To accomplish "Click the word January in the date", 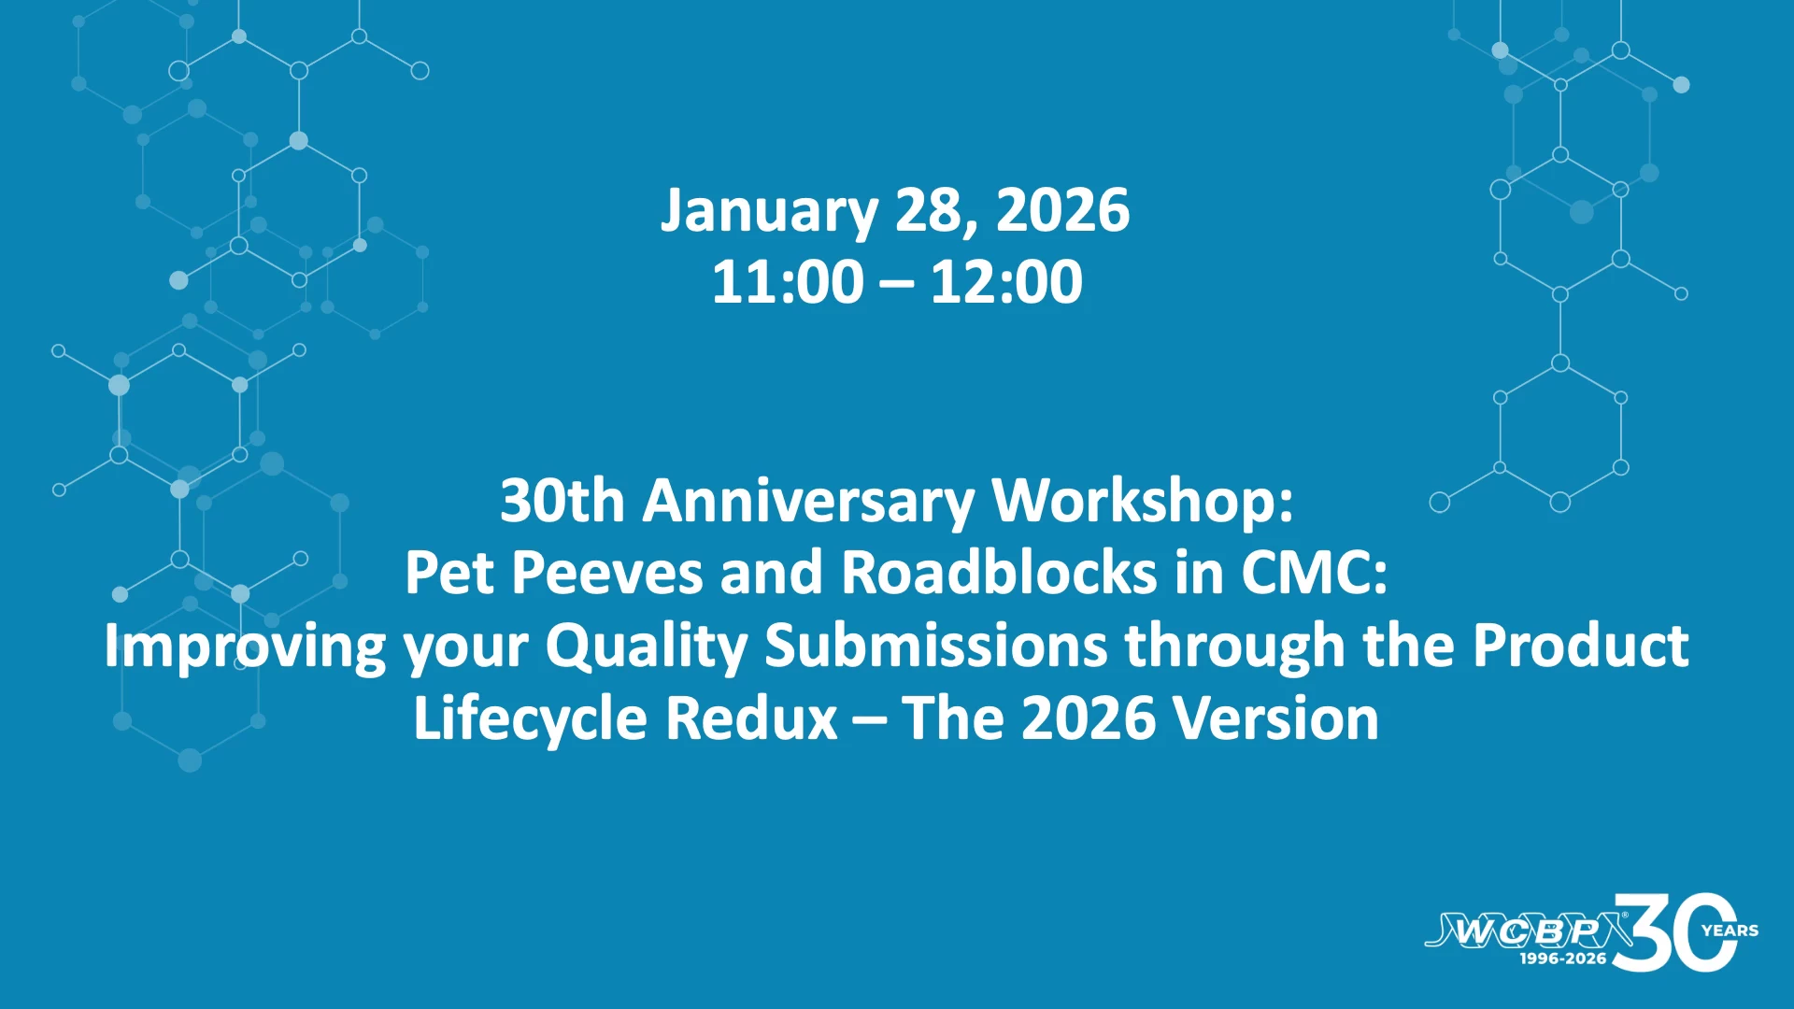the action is pyautogui.click(x=769, y=211).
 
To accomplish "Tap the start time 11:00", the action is pyautogui.click(x=788, y=281).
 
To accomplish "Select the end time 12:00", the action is pyautogui.click(x=1006, y=281).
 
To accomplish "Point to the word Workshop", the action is pyautogui.click(x=1143, y=502).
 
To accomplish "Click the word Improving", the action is pyautogui.click(x=245, y=647).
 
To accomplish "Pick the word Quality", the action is pyautogui.click(x=647, y=647).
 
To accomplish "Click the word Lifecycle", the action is pyautogui.click(x=531, y=719).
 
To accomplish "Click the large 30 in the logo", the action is pyautogui.click(x=1674, y=932).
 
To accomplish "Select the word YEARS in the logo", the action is pyautogui.click(x=1730, y=931).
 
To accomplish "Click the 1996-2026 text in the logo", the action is pyautogui.click(x=1563, y=959).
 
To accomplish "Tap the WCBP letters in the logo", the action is pyautogui.click(x=1527, y=931).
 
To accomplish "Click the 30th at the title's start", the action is pyautogui.click(x=562, y=502).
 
